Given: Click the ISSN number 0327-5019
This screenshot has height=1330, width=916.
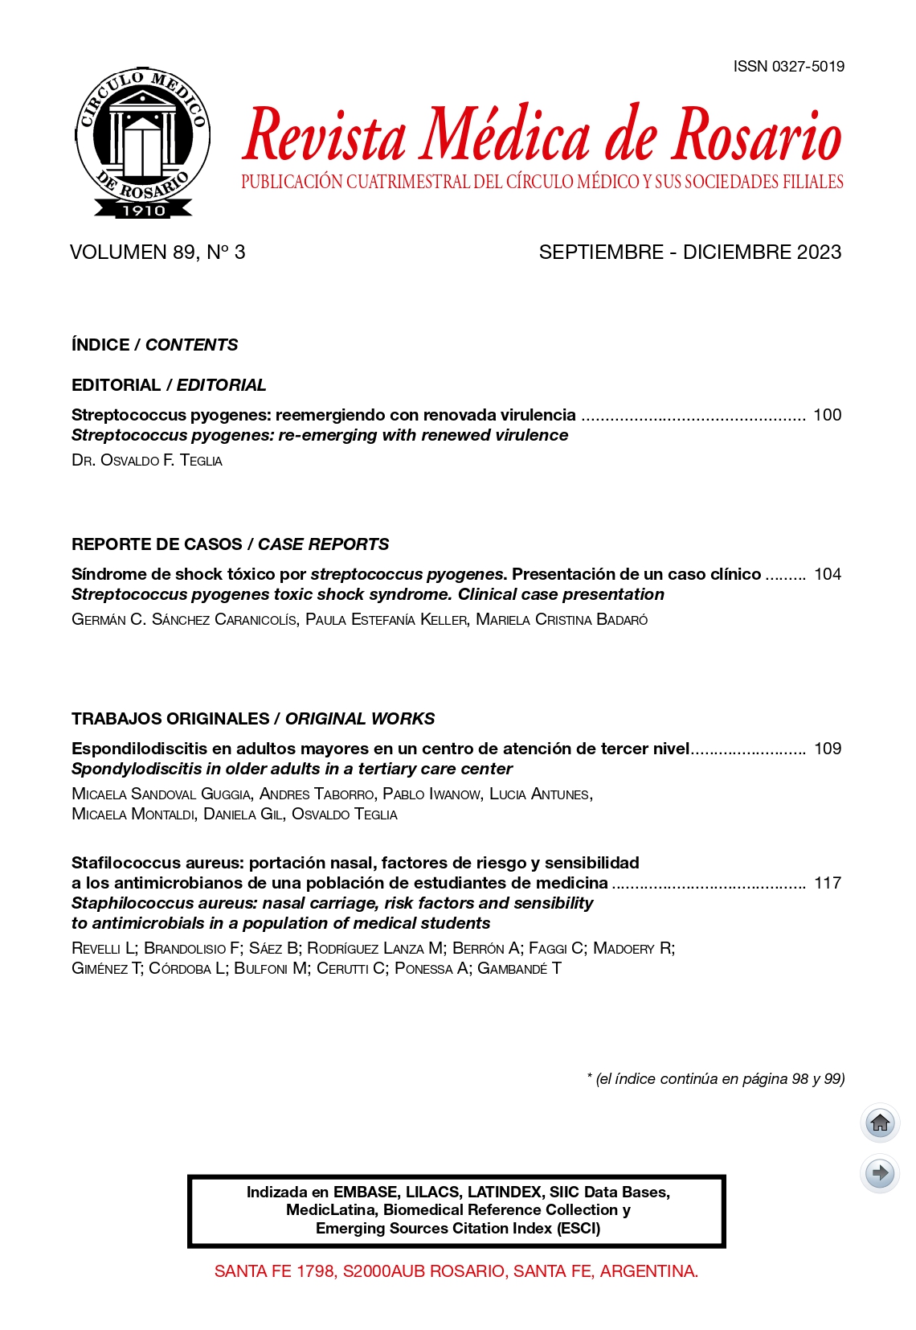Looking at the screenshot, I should (788, 67).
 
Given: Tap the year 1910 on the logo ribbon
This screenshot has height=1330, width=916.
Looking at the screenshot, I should (143, 211).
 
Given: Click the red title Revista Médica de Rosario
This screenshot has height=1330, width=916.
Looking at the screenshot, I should (542, 135).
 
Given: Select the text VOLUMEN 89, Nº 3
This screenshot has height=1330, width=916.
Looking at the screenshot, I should (157, 252).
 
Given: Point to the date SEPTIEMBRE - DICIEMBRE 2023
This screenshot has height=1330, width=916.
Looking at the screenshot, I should (689, 252).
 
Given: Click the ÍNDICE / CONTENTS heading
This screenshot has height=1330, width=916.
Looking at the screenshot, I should (154, 345).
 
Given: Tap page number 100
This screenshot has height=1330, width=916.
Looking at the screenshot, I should (827, 415).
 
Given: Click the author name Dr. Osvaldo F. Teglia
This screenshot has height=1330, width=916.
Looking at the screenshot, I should (147, 461).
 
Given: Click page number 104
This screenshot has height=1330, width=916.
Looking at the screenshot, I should (827, 574).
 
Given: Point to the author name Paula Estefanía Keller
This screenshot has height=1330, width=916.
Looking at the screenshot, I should (386, 620).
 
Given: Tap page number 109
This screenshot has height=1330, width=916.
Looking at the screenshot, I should (827, 749).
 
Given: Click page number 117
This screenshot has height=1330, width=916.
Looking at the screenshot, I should (827, 883).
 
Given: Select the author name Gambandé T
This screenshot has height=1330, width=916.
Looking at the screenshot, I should (519, 969).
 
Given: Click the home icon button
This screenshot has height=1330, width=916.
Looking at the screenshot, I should (880, 1123).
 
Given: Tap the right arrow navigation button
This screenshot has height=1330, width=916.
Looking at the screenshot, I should (880, 1173).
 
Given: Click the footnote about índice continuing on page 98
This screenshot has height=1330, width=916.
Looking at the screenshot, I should (715, 1079).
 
